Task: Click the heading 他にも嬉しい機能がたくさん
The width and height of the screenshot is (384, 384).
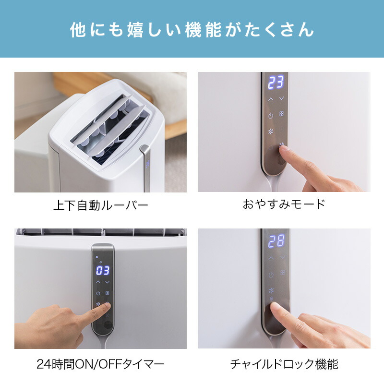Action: pos(192,30)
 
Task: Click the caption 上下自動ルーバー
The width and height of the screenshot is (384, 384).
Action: pos(101,205)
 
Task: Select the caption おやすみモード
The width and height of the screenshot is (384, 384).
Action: pos(284,204)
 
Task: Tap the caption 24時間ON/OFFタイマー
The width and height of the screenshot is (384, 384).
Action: pos(100,364)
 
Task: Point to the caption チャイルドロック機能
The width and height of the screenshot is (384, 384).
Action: pos(284,364)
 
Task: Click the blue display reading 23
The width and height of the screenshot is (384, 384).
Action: pos(276,82)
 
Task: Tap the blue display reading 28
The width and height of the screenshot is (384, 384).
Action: pos(276,241)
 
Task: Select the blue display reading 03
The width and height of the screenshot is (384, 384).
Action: pos(103,271)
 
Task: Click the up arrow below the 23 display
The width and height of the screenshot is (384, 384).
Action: pos(270,99)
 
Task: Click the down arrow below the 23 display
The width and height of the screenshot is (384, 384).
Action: pos(282,98)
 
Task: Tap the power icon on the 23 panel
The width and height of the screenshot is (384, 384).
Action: pos(270,116)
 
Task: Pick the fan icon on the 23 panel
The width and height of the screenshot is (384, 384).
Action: pos(270,132)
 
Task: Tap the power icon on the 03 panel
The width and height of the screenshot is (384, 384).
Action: pos(98,293)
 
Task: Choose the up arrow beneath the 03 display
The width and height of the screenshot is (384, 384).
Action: pos(98,282)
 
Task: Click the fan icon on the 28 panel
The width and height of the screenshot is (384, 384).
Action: pos(271,290)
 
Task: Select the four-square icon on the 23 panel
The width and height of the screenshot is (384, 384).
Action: pos(282,114)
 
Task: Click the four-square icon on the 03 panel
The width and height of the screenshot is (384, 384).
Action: pos(107,293)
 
